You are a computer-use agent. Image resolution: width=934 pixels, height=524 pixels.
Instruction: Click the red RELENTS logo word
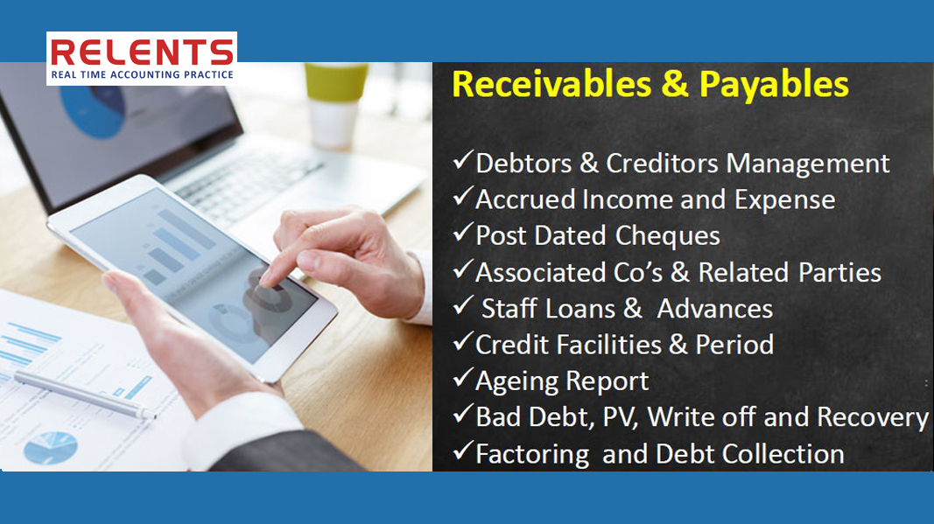tap(142, 52)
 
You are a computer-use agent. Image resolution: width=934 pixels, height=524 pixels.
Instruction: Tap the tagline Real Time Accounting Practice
tap(142, 75)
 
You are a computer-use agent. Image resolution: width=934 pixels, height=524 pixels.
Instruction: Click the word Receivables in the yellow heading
tap(551, 84)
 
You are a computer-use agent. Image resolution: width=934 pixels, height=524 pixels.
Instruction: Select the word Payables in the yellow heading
tap(774, 85)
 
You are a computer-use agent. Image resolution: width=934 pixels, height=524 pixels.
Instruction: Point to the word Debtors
tap(523, 164)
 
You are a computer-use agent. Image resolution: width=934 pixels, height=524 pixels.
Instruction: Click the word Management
tap(808, 164)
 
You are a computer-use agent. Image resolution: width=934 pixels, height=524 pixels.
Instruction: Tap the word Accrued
tap(525, 199)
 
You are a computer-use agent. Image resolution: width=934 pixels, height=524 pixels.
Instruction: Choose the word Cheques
tap(667, 236)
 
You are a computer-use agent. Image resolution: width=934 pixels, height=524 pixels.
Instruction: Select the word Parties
tap(839, 272)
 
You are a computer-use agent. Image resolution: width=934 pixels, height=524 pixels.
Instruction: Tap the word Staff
tap(509, 309)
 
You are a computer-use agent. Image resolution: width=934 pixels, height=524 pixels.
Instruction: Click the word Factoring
tap(532, 454)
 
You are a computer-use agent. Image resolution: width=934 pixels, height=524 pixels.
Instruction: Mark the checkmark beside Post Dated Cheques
tap(463, 232)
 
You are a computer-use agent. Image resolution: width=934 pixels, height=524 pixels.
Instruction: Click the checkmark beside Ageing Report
tap(463, 378)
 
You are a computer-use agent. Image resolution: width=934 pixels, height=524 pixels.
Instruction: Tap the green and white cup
tap(335, 105)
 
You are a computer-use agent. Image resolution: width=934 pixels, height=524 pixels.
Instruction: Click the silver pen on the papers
tap(82, 395)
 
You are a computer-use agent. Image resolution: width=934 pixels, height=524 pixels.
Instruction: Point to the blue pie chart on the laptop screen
tap(93, 111)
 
